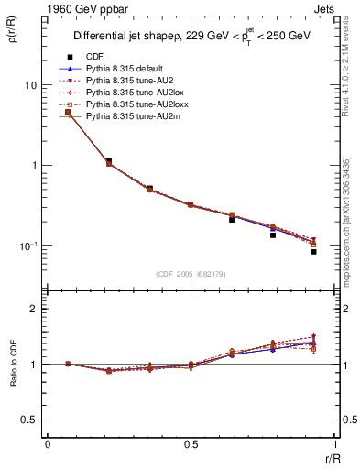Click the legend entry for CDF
click(x=95, y=57)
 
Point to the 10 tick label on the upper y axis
click(x=30, y=84)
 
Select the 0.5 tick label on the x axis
click(x=190, y=444)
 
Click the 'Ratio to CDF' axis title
click(x=11, y=364)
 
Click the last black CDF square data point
click(x=313, y=251)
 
